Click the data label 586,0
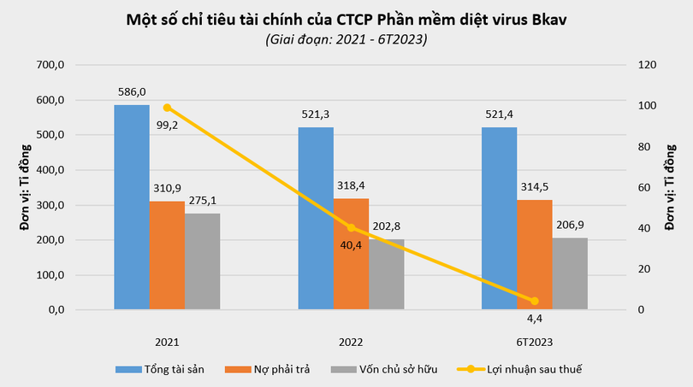pos(132,91)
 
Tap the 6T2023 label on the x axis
pos(534,342)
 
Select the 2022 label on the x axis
pos(351,342)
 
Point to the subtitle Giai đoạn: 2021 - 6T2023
pos(346,39)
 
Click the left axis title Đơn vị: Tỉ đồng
pos(25,186)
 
